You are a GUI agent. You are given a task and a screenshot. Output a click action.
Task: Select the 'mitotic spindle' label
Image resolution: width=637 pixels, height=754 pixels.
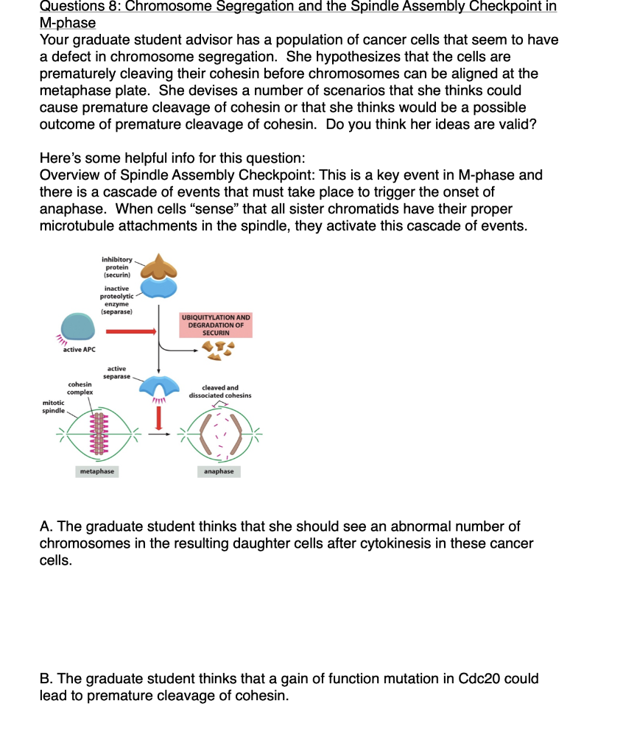(x=52, y=406)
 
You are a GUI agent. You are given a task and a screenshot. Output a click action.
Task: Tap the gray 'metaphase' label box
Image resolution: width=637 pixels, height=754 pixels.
(x=97, y=471)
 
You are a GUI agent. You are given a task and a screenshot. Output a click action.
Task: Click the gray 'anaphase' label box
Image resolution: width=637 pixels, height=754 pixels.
(x=219, y=471)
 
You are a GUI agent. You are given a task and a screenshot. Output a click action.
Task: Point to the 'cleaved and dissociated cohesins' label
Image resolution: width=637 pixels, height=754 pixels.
(x=219, y=392)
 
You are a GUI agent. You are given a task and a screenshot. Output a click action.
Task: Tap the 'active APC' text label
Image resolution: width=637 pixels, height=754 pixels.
(x=79, y=350)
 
